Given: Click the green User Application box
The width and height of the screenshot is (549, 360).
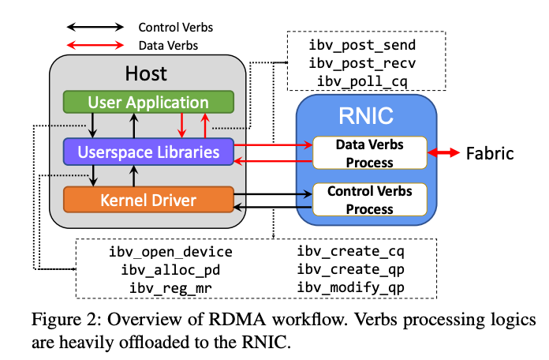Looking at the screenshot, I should pos(148,103).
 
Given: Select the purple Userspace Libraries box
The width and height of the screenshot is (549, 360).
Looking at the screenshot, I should pos(148,151).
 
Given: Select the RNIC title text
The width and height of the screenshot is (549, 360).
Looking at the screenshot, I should pos(365,117).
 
